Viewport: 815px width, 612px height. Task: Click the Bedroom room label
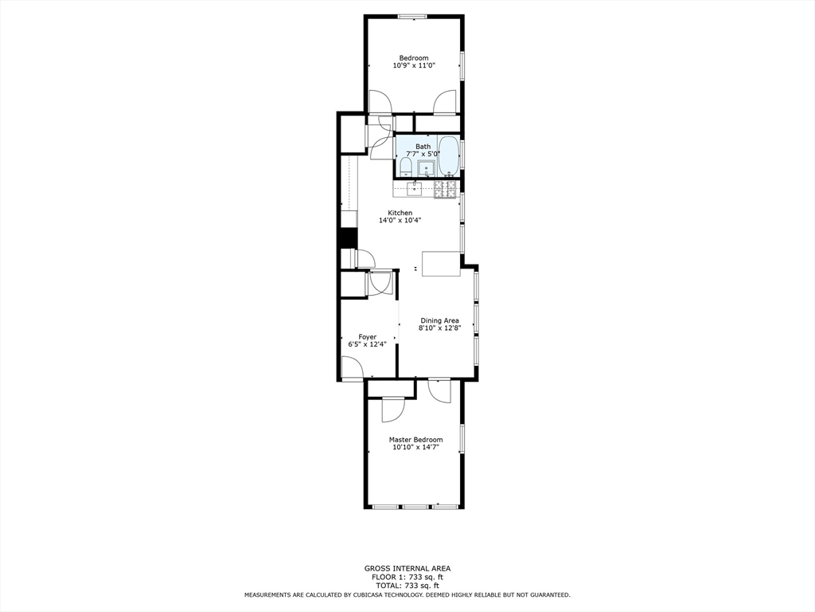414,57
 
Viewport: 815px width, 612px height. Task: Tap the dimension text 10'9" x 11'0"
414,66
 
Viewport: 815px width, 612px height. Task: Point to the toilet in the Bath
405,166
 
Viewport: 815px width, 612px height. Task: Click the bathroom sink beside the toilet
426,167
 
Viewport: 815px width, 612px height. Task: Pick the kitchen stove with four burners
445,189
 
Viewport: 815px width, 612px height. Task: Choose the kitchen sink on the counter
414,189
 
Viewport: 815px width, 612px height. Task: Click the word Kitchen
400,213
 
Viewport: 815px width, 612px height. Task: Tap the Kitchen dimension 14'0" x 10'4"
400,221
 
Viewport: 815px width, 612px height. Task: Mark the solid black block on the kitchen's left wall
347,238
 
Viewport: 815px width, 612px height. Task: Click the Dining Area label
439,320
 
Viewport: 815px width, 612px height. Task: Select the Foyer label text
367,337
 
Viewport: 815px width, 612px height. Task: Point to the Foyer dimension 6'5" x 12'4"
367,345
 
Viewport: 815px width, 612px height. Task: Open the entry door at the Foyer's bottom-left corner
352,367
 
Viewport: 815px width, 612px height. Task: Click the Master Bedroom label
415,440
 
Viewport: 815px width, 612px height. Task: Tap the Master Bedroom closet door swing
392,409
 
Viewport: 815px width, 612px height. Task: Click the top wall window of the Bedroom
413,16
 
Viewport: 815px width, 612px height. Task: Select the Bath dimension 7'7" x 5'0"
423,154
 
